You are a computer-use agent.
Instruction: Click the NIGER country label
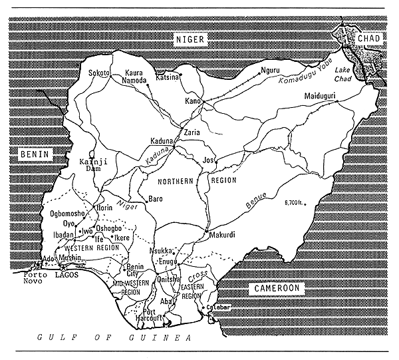192,40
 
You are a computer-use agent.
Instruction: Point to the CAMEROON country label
275,288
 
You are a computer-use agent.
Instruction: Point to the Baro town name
155,198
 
